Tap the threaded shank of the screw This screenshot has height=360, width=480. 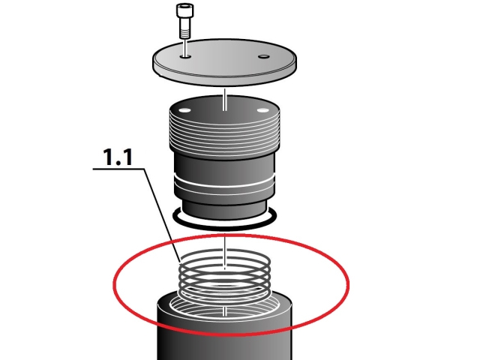[185, 30]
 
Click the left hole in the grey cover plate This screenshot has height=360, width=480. [185, 57]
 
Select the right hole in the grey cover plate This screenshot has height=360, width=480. [263, 57]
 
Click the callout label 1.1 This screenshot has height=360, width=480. [118, 157]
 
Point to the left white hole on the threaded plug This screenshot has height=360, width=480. [184, 110]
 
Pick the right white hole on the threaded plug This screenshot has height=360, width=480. [262, 110]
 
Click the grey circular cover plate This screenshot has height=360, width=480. [225, 62]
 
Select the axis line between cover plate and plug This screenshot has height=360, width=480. [225, 100]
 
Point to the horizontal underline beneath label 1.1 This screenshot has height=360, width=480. [118, 169]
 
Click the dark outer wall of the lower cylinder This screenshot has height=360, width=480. [224, 340]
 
